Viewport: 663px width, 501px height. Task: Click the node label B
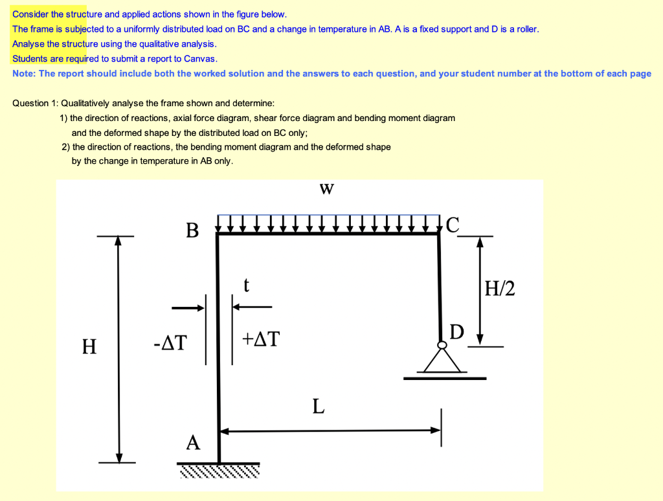coord(192,230)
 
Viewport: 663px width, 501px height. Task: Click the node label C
coord(452,225)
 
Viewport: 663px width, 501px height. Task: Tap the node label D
coord(457,333)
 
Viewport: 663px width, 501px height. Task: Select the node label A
coord(193,443)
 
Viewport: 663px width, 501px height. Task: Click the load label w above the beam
coord(327,189)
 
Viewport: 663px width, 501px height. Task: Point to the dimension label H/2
coord(500,288)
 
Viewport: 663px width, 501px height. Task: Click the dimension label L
coord(318,406)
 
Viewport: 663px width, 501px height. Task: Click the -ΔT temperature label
coord(170,341)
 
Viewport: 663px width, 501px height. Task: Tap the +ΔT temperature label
coord(261,339)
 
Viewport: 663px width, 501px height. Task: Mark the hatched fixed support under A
coord(219,471)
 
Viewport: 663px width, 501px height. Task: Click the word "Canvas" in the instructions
coord(201,59)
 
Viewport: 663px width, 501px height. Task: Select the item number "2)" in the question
coord(65,147)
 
